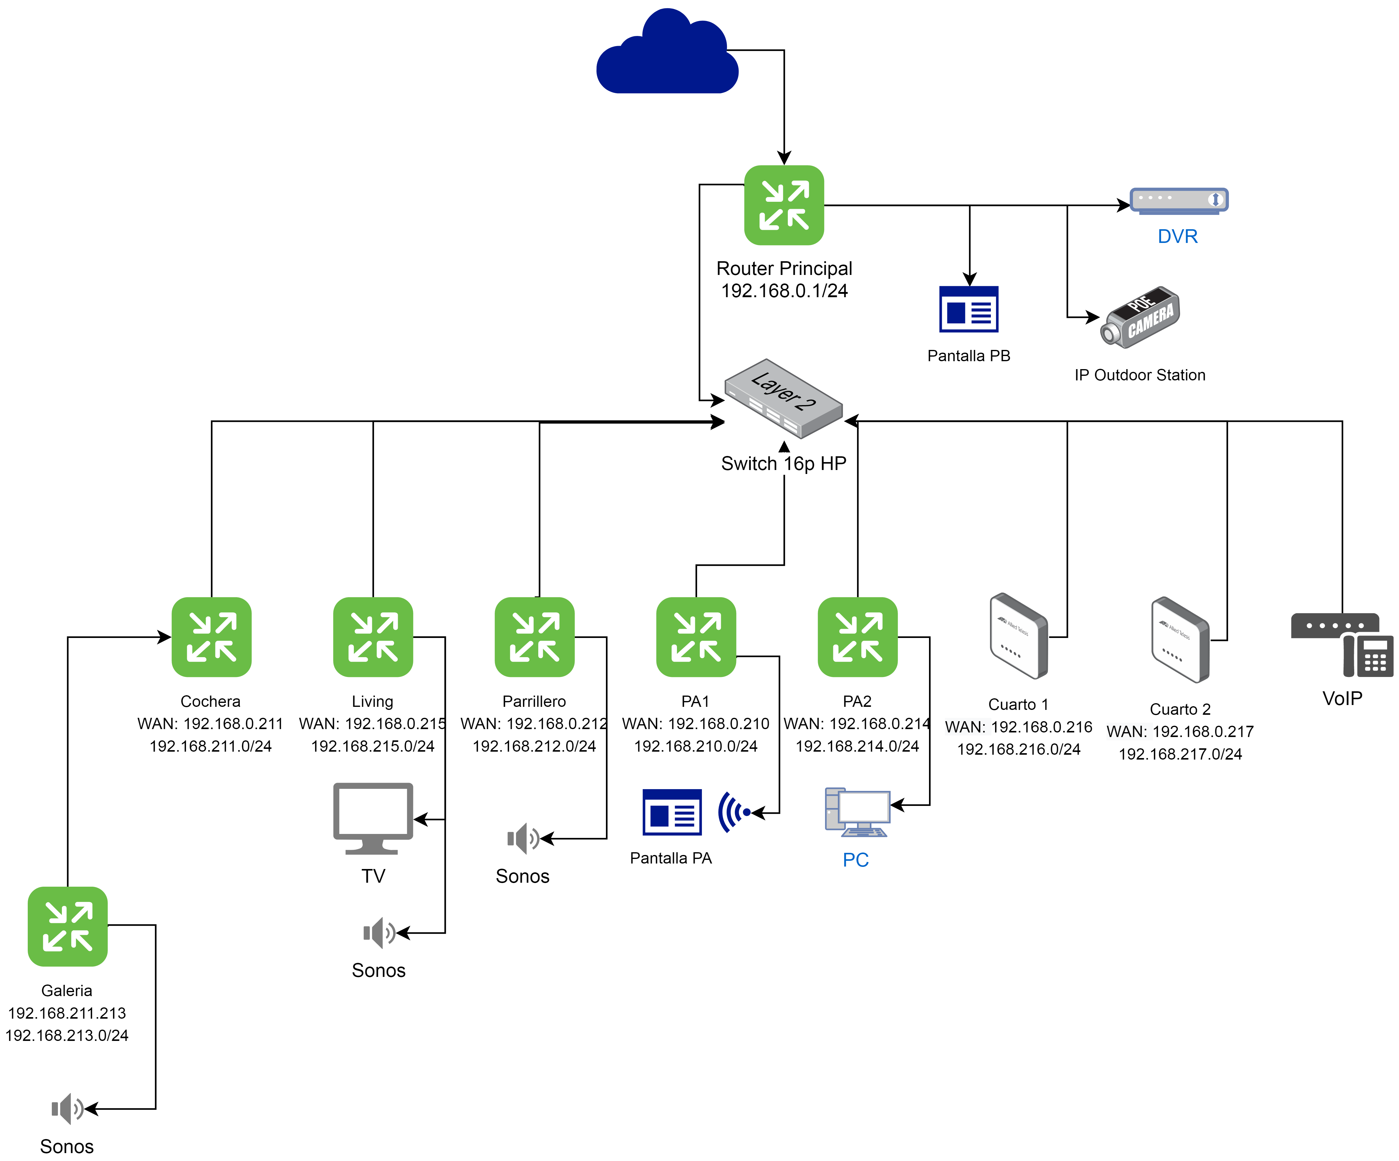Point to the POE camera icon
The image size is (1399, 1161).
(1140, 317)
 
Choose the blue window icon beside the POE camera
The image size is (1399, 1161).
(969, 309)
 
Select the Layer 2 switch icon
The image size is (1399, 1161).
(783, 398)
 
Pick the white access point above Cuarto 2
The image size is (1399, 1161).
(1180, 639)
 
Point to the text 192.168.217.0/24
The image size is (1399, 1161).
(1180, 754)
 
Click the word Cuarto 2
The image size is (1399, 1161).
(1180, 709)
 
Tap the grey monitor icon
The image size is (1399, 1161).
(373, 817)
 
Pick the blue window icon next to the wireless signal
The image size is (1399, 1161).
(671, 812)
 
